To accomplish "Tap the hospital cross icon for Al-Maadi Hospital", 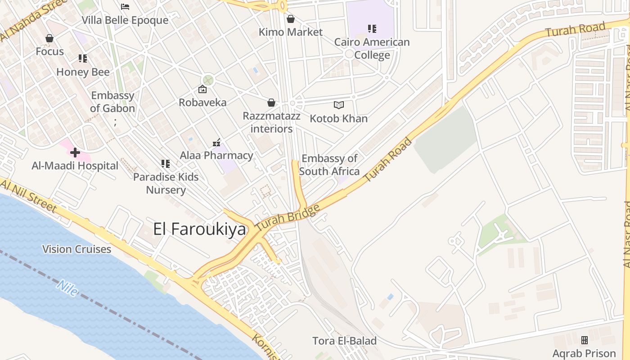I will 75,153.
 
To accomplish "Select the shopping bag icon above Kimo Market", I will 291,19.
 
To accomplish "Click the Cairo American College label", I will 372,49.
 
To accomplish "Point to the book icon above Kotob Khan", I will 339,105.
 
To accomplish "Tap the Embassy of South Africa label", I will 329,165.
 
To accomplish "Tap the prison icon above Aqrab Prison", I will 585,340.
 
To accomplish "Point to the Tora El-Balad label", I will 345,341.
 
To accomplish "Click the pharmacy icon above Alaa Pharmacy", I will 216,143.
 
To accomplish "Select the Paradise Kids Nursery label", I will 166,183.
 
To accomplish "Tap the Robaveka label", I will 202,102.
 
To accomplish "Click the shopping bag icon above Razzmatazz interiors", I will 271,103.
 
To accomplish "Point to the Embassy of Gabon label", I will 112,102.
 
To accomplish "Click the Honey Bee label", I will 83,72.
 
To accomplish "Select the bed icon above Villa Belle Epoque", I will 125,7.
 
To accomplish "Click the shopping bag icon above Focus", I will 49,39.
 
